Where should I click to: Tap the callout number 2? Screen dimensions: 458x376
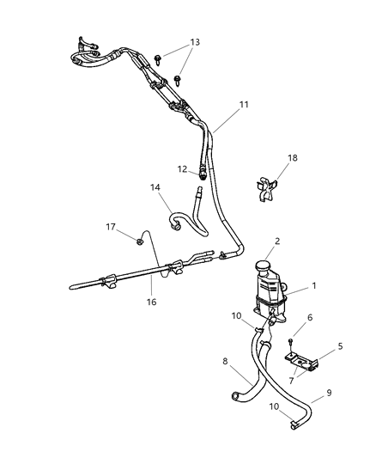[276, 242]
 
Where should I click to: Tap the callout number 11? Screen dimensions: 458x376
[243, 105]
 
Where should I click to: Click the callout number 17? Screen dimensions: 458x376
[110, 228]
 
